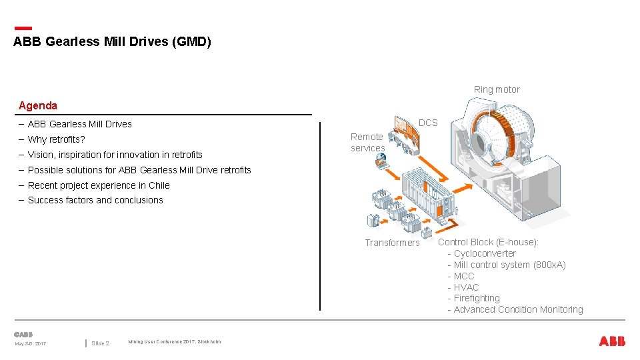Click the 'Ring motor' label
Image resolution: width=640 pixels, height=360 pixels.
pyautogui.click(x=497, y=89)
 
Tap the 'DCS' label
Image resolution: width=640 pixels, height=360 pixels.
pyautogui.click(x=428, y=123)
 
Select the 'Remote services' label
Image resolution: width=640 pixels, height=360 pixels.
pyautogui.click(x=368, y=142)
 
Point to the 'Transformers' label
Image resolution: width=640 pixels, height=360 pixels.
pyautogui.click(x=392, y=243)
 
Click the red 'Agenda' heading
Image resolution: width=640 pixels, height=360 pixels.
pyautogui.click(x=38, y=105)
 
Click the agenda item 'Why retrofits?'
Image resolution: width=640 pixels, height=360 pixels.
pyautogui.click(x=57, y=139)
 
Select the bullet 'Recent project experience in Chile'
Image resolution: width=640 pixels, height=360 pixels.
pyautogui.click(x=99, y=185)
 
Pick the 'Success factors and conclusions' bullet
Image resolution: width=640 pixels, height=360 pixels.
pyautogui.click(x=95, y=200)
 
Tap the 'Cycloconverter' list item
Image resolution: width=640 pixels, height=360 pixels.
pyautogui.click(x=485, y=253)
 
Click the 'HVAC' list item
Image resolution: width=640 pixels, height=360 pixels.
pyautogui.click(x=466, y=287)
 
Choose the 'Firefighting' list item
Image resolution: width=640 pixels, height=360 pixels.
pyautogui.click(x=477, y=298)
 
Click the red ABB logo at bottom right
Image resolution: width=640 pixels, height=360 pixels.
pyautogui.click(x=612, y=341)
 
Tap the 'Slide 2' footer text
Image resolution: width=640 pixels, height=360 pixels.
pyautogui.click(x=101, y=343)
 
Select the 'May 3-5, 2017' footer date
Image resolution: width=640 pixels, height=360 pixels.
pyautogui.click(x=31, y=343)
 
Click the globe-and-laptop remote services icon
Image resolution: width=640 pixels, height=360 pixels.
pyautogui.click(x=381, y=161)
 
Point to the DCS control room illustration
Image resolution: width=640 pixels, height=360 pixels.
pyautogui.click(x=406, y=133)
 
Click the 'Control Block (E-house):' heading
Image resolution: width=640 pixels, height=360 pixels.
pyautogui.click(x=488, y=242)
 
